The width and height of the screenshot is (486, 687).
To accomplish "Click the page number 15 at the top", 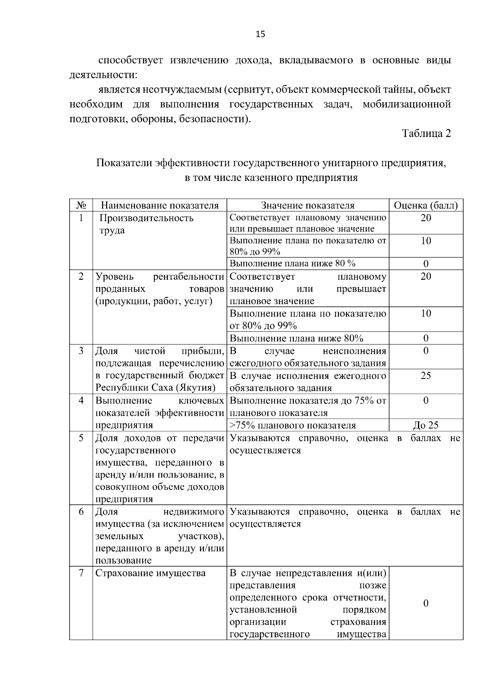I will [260, 34].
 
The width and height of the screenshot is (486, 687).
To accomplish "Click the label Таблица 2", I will [426, 134].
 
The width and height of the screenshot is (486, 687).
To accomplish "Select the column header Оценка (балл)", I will [426, 206].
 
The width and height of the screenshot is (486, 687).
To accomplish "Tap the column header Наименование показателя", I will [160, 206].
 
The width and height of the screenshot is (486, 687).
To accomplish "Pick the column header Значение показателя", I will [307, 206].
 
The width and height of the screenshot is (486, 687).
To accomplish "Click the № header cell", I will [81, 206].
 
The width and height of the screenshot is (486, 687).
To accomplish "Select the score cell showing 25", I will [426, 376].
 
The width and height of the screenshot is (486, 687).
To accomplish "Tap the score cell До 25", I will [426, 425].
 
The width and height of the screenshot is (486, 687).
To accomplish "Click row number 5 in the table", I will [81, 438].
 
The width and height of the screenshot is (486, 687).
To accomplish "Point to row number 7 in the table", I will [81, 573].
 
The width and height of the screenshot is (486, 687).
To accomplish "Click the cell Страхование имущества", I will [151, 573].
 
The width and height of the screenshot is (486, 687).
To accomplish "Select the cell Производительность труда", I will [147, 224].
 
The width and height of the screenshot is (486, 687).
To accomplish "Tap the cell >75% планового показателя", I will [293, 425].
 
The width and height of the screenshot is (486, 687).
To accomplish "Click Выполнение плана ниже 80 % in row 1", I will [292, 264].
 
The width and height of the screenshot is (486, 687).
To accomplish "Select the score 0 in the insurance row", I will [426, 604].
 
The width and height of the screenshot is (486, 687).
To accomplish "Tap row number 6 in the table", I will [81, 512].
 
